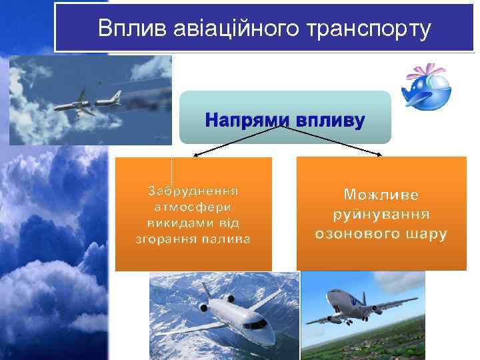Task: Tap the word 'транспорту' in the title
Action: point(358,28)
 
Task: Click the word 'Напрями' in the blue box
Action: point(245,121)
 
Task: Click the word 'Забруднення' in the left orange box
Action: point(193,191)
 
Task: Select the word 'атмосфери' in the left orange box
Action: point(193,207)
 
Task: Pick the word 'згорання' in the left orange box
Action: point(163,239)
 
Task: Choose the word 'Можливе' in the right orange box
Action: point(381,194)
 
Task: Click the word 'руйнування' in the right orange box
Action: point(381,214)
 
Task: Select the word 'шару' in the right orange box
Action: point(425,234)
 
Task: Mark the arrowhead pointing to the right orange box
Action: point(380,156)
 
